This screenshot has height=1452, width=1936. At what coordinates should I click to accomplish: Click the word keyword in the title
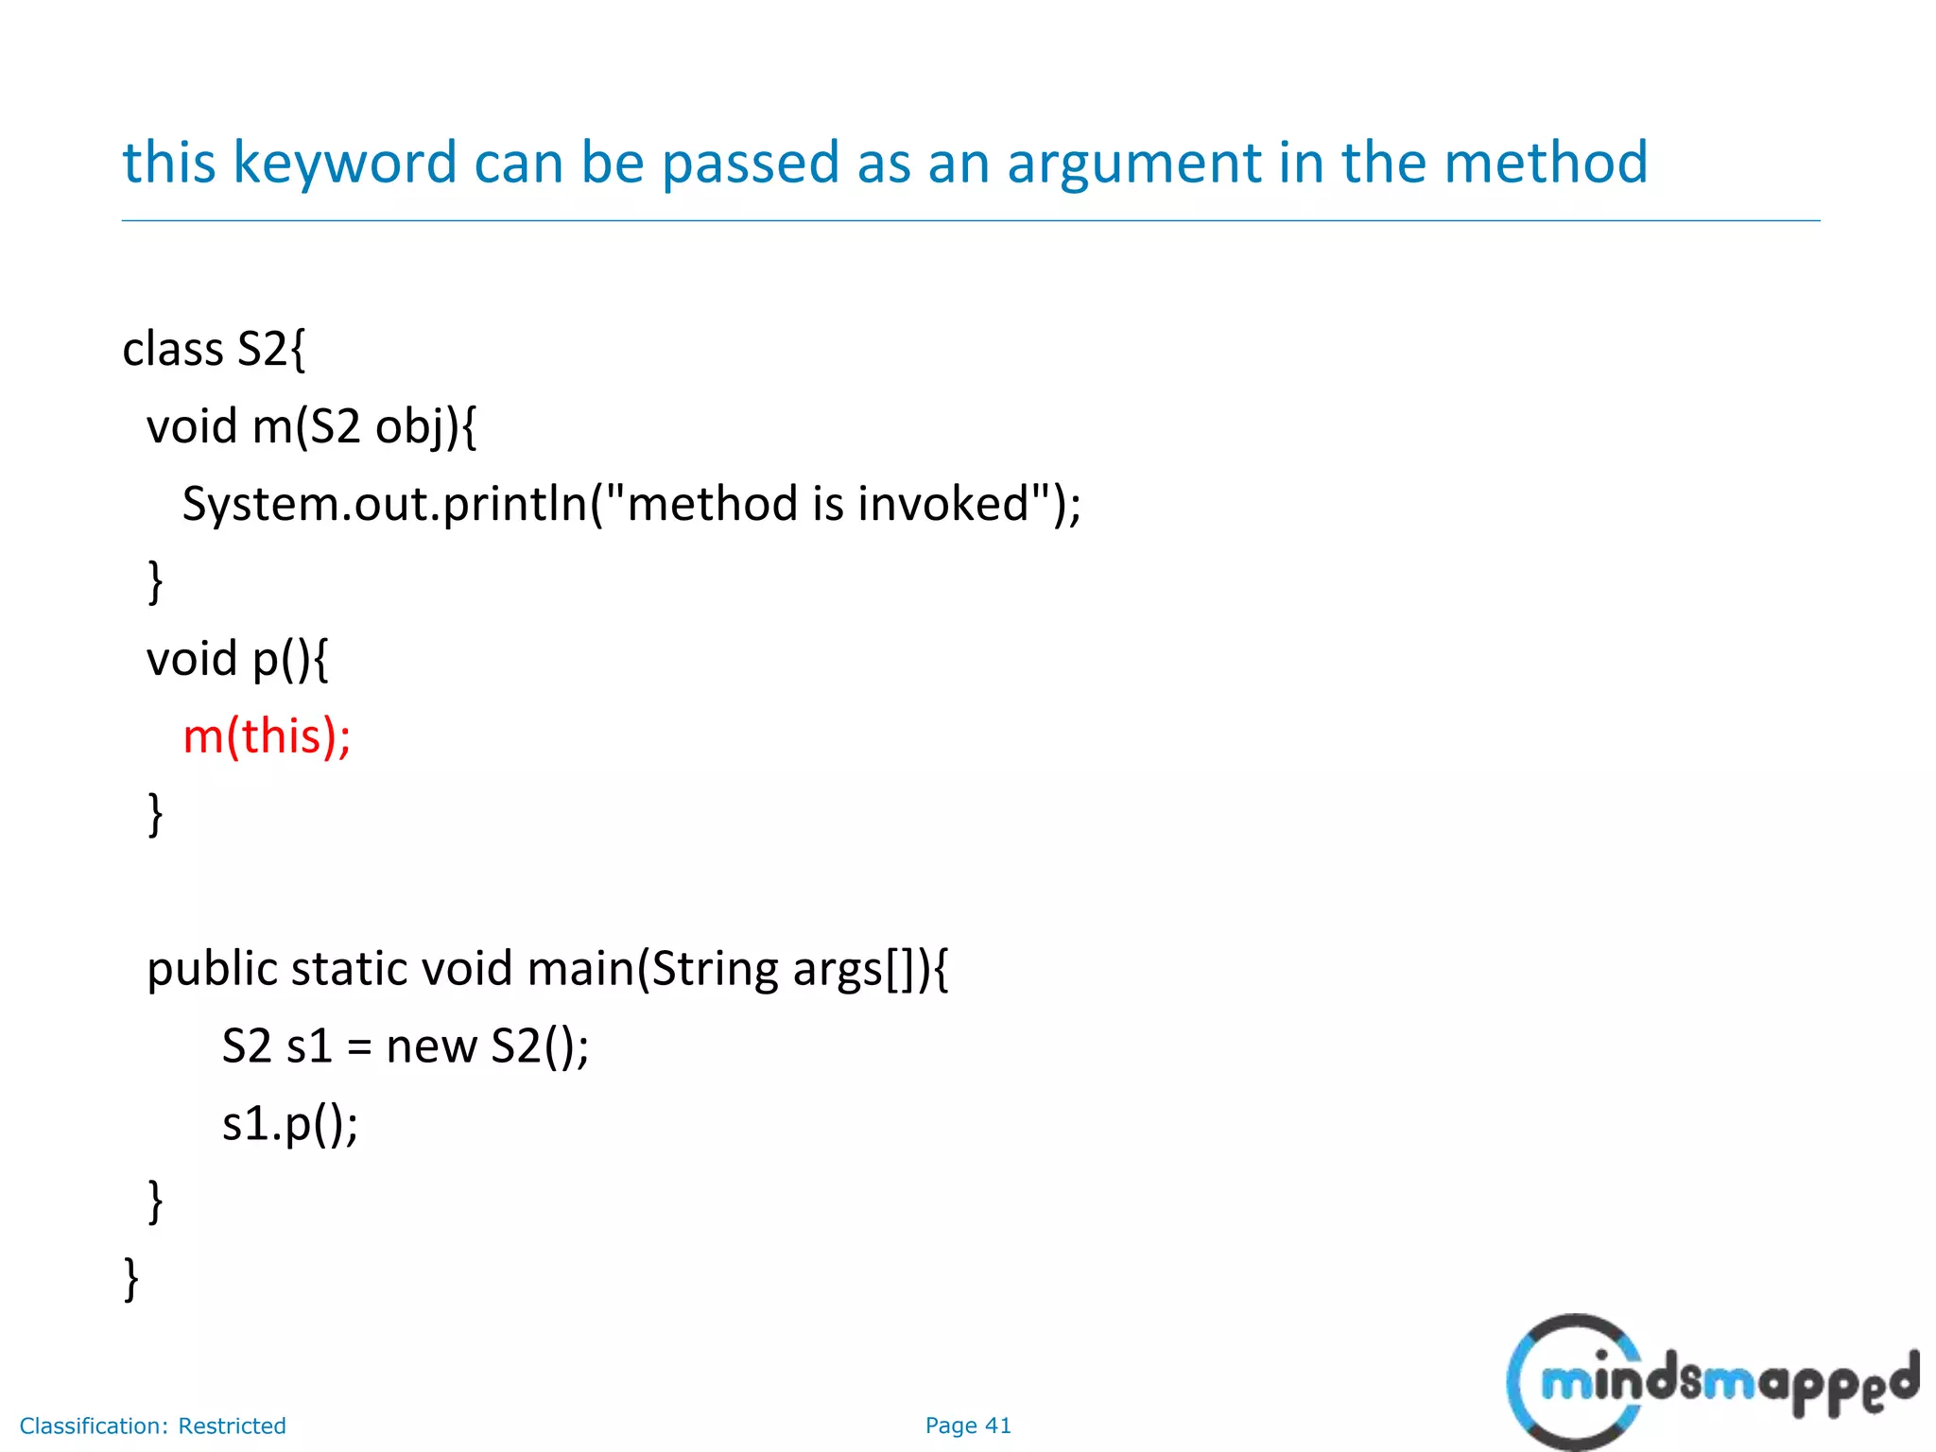point(344,163)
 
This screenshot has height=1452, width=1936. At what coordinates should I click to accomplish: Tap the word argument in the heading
point(1133,163)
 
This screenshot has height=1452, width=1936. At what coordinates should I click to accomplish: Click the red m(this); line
point(267,736)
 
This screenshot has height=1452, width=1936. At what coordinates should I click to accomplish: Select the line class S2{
point(214,350)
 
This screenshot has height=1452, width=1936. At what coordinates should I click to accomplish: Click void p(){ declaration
point(237,659)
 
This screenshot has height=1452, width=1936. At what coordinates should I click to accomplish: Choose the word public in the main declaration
point(213,970)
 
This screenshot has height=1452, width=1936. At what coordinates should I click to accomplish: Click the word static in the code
point(349,970)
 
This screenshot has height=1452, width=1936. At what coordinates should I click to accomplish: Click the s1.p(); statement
point(290,1125)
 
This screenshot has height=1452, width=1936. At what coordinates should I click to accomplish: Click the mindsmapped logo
point(1711,1382)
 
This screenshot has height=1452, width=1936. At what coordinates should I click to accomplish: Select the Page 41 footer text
point(968,1426)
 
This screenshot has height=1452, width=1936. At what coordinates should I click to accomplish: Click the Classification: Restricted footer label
point(152,1426)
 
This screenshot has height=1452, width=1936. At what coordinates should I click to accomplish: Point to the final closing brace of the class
point(131,1279)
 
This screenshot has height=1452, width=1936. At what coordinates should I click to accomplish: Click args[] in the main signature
point(855,970)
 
